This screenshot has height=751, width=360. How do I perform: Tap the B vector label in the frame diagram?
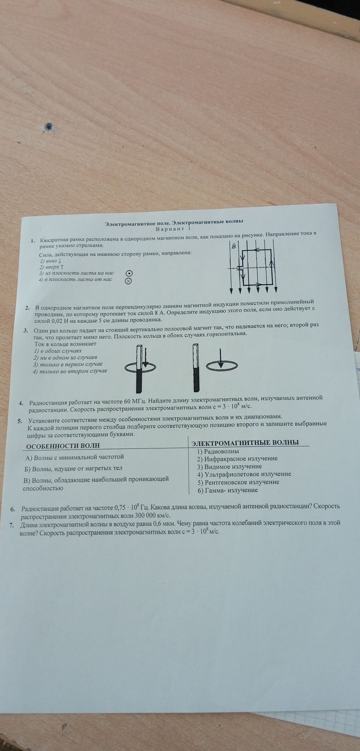pyautogui.click(x=234, y=246)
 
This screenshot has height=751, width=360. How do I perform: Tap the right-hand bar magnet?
pyautogui.click(x=196, y=368)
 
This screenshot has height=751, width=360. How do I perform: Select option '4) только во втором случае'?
pyautogui.click(x=70, y=371)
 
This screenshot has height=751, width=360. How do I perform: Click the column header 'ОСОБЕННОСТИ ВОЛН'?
pyautogui.click(x=63, y=446)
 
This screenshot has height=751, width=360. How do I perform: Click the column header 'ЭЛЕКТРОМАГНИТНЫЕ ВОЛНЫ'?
pyautogui.click(x=245, y=442)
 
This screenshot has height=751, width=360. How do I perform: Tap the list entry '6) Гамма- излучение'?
pyautogui.click(x=228, y=490)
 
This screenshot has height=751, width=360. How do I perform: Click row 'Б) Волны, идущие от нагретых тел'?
pyautogui.click(x=74, y=468)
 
